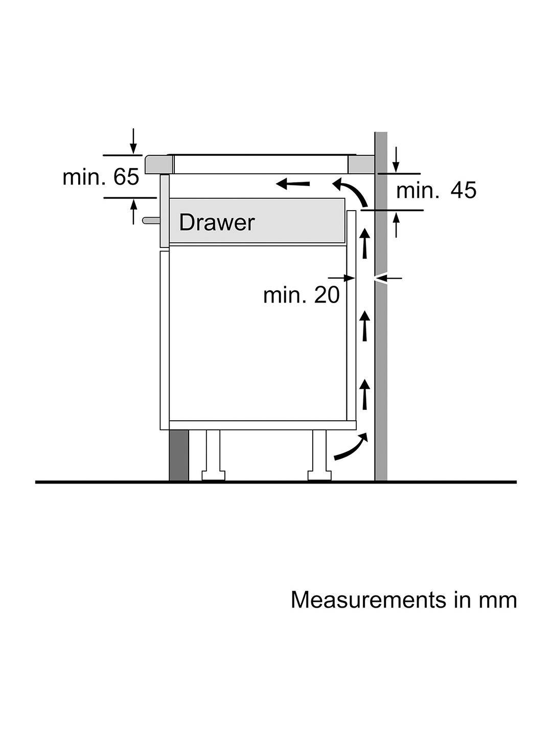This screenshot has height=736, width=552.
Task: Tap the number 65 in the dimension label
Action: coord(126,177)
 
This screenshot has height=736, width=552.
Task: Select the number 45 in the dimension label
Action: coord(463,191)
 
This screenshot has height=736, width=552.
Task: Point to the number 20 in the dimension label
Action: coord(327,295)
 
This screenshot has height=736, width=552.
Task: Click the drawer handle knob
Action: coord(151,220)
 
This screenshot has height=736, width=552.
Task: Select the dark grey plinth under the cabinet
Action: coord(179,455)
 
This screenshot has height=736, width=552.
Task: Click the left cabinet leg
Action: coord(213,455)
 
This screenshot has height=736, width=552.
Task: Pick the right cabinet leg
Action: coord(319,455)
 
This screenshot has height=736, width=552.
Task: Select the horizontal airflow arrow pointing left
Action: coord(292,183)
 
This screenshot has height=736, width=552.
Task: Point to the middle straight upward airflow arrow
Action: coord(364,326)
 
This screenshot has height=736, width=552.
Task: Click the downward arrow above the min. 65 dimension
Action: coord(133,141)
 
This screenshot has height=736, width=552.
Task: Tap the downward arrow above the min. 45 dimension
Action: coord(396,159)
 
